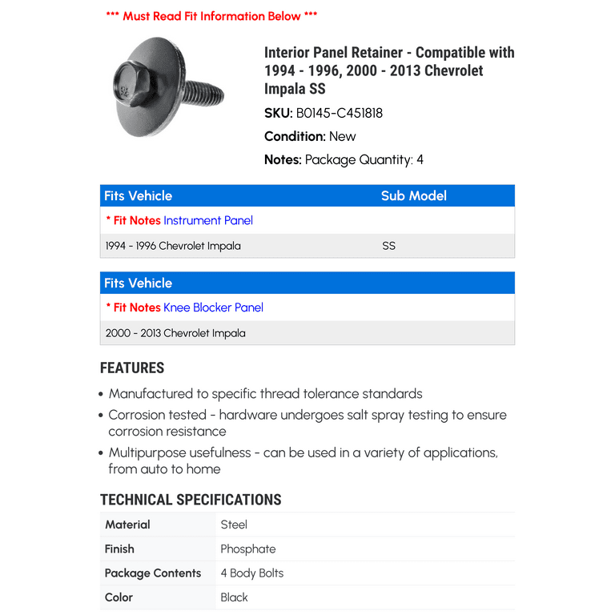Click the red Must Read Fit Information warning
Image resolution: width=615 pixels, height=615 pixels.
211,16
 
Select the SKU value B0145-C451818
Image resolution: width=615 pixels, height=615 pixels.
340,113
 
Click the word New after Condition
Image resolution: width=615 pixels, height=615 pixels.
343,136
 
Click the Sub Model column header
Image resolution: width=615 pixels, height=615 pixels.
413,196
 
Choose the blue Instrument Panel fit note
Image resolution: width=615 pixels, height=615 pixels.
208,220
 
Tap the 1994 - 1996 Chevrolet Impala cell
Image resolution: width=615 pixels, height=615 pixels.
173,246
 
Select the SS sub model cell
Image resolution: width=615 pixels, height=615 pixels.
389,246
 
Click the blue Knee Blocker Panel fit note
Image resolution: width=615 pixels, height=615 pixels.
213,307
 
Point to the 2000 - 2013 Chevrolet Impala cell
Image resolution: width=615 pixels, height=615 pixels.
175,333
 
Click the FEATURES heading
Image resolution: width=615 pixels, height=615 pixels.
132,368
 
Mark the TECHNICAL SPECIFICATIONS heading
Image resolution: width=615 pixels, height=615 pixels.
191,500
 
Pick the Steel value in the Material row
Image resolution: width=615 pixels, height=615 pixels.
234,525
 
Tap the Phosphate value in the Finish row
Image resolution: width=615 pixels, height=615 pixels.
248,549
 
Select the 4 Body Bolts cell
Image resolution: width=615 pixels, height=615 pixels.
252,573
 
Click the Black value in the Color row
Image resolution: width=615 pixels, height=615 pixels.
235,597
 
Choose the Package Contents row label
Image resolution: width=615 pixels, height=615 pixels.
153,573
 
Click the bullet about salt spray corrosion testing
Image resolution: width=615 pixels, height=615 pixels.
307,423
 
